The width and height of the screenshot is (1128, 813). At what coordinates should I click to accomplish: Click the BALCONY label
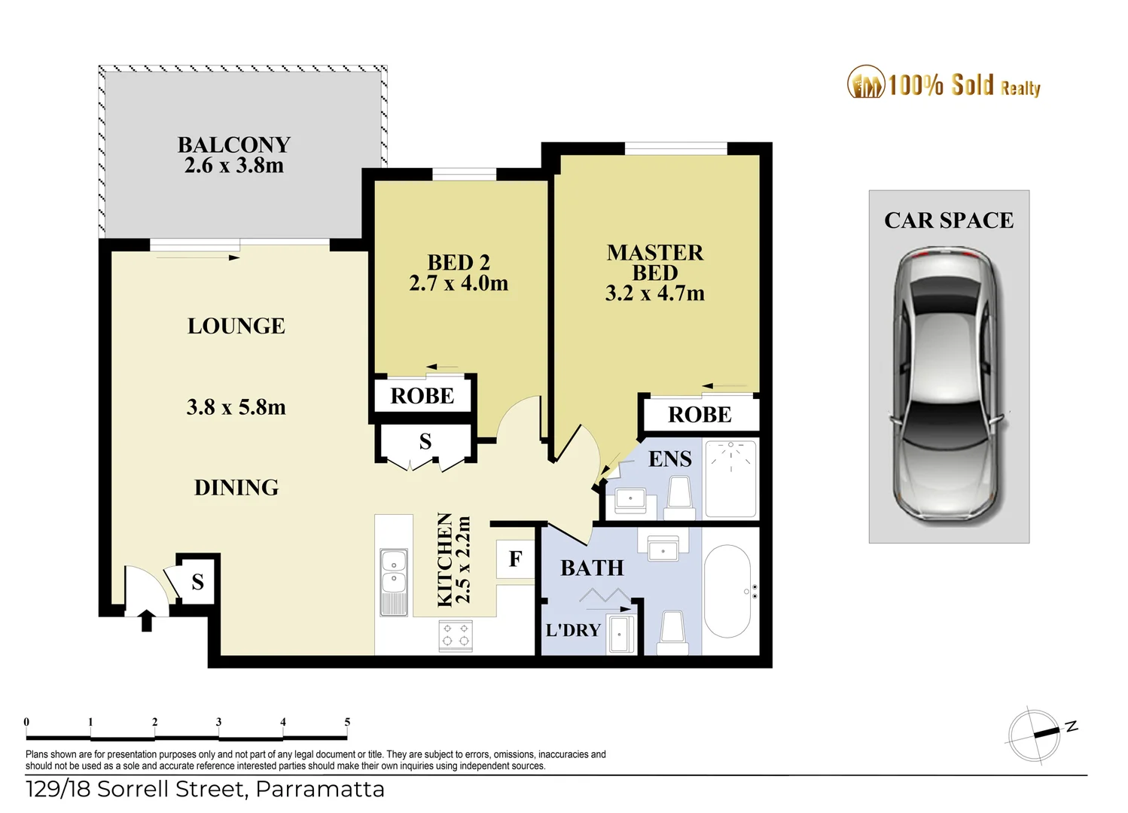point(233,145)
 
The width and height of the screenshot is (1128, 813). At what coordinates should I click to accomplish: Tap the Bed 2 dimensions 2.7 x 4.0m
point(459,284)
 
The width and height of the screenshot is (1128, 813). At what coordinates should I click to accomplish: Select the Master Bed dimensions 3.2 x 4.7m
point(654,294)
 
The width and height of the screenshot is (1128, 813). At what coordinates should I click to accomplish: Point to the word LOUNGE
point(236,326)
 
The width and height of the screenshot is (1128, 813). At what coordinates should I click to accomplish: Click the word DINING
point(236,488)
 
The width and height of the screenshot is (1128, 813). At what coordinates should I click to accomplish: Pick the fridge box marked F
point(515,559)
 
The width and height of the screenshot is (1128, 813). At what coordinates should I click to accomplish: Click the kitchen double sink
point(394,572)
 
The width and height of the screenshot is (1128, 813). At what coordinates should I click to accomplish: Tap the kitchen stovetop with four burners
point(456,635)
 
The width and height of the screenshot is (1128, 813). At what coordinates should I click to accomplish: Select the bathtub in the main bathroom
point(727,591)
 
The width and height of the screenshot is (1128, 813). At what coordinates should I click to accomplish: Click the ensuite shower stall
point(730,479)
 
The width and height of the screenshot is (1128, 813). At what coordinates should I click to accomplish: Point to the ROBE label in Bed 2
point(422,396)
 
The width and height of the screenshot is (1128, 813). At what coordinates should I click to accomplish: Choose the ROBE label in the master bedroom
point(700,415)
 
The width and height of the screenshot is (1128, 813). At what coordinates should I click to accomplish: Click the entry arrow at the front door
point(147,620)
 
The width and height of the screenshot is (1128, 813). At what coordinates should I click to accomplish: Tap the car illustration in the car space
point(949,384)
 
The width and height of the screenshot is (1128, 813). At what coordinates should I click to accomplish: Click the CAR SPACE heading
point(949,221)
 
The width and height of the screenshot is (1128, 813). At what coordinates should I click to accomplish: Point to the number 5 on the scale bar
point(347,722)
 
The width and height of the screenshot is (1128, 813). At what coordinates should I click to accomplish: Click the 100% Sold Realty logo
point(944,84)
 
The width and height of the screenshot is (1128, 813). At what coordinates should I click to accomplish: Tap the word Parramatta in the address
point(320,790)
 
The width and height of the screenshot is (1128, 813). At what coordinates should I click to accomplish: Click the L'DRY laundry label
point(573,630)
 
